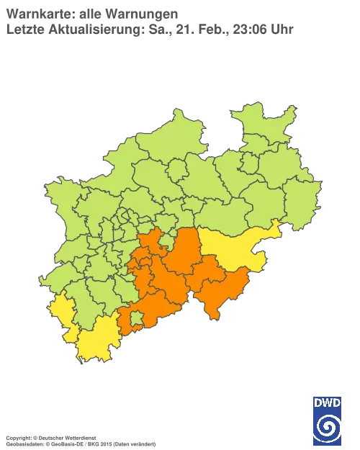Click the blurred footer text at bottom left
(79, 436)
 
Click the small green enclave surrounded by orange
(136, 317)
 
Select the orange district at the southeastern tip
(220, 292)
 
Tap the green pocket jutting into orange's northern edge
(167, 243)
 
